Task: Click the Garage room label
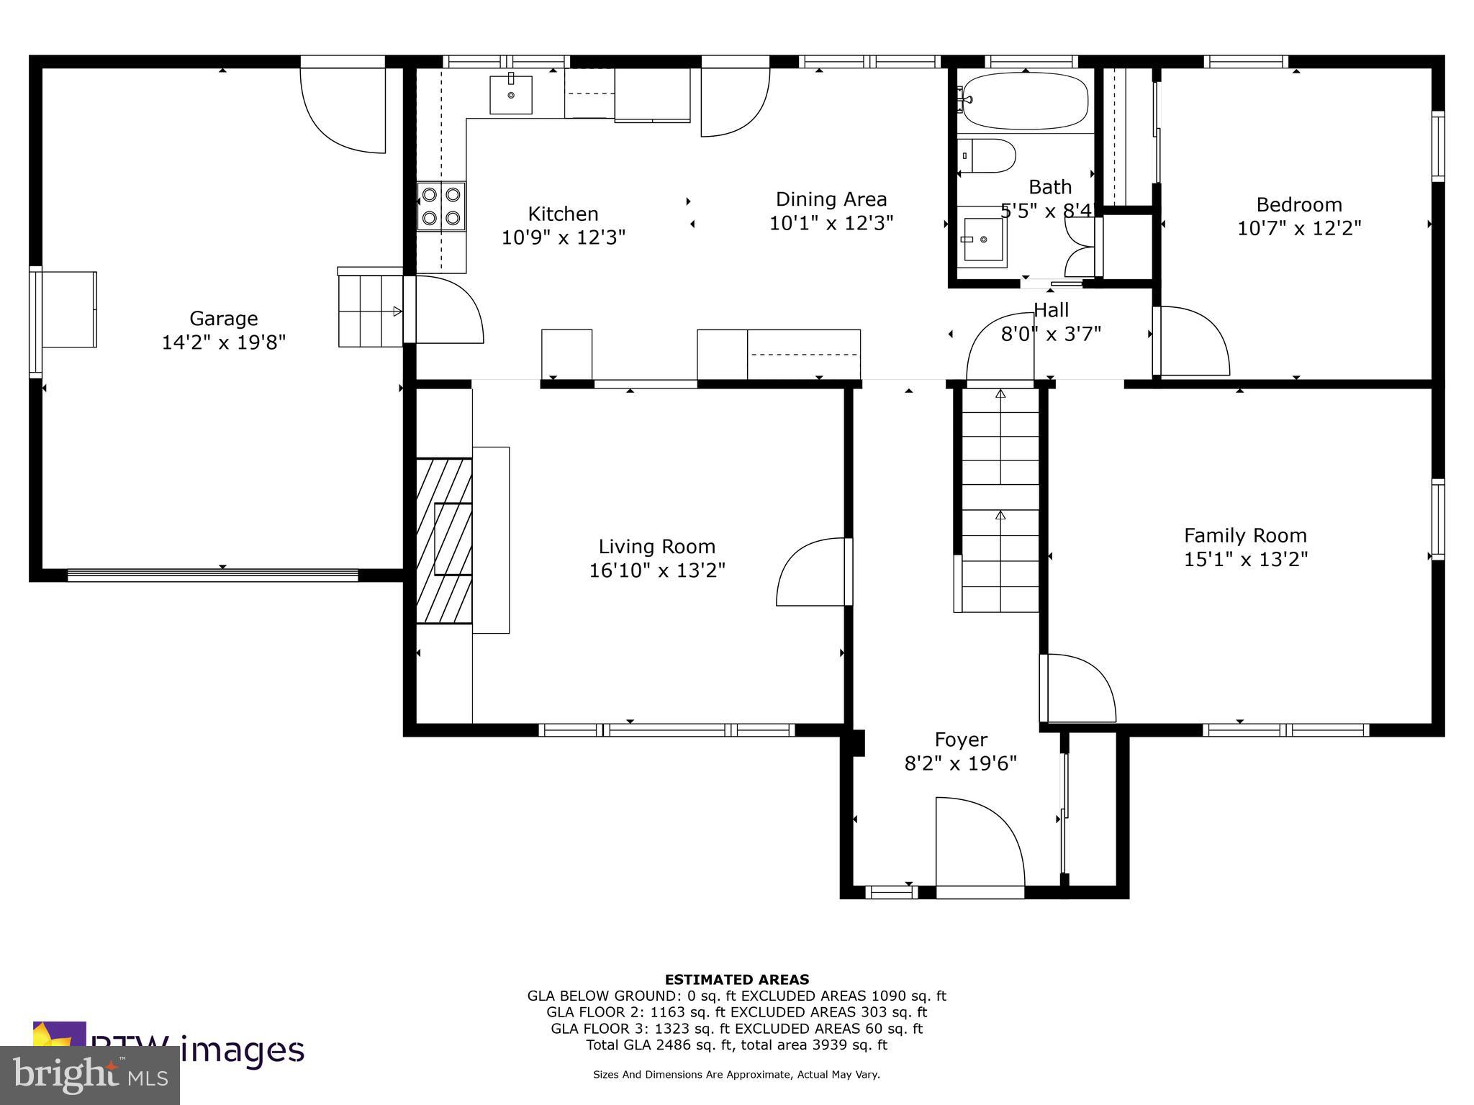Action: [223, 318]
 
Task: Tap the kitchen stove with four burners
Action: [441, 206]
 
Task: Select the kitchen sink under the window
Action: [510, 95]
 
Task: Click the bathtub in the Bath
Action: [1025, 101]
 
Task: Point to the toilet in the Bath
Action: [987, 156]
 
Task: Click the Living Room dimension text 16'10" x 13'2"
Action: [656, 570]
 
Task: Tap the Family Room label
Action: [1245, 535]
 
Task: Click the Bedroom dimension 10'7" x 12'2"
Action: [1298, 228]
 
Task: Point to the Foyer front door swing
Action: [979, 842]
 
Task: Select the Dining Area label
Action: [831, 199]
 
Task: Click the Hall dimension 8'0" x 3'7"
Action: [1051, 334]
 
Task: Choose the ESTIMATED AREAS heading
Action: [736, 979]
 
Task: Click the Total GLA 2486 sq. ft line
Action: [736, 1045]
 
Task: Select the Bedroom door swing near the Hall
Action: [1191, 341]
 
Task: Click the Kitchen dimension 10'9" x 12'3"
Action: [563, 237]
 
